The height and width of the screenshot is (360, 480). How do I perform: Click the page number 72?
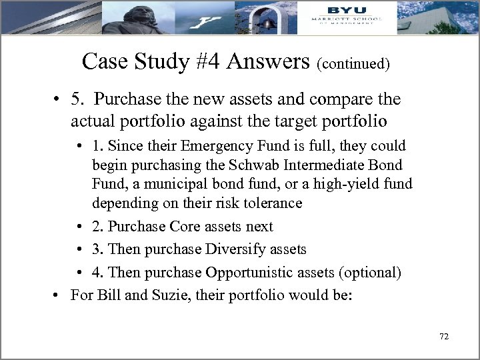coord(445,337)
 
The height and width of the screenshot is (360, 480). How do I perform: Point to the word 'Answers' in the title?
coord(269,61)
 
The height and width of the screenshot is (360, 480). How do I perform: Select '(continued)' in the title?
coord(353,64)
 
